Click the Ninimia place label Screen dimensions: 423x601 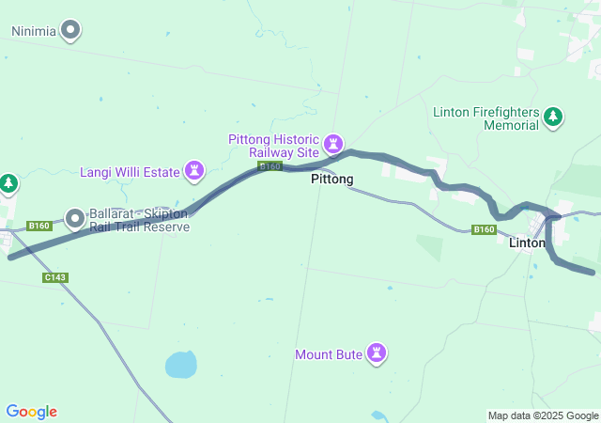tap(33, 31)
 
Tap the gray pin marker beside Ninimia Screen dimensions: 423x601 tap(71, 31)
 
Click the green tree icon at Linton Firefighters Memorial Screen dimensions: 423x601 tap(554, 117)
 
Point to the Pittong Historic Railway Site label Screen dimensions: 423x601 tap(274, 146)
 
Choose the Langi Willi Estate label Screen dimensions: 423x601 tap(130, 171)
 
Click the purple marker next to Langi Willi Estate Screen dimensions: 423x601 tap(194, 170)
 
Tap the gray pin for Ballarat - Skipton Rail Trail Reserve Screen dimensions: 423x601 tap(74, 218)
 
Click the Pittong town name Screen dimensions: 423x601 tap(332, 179)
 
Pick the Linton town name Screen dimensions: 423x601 tap(526, 243)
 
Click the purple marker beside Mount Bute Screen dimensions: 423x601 tap(377, 353)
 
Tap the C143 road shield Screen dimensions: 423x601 tap(55, 277)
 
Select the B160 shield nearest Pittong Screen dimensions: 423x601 tap(270, 166)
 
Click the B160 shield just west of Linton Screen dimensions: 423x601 tap(484, 229)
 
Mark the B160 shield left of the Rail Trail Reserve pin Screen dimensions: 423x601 tap(39, 226)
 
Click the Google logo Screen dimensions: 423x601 tap(31, 412)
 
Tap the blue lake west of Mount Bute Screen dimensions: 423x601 tap(180, 364)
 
